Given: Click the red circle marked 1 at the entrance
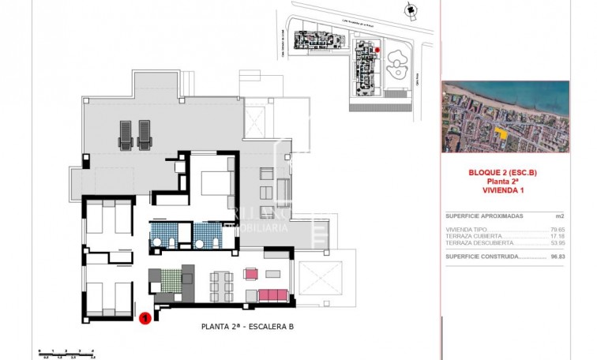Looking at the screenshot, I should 145,319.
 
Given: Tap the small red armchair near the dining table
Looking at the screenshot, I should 251,274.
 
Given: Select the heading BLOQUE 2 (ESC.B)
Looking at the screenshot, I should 503,173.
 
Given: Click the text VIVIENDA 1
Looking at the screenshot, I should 503,190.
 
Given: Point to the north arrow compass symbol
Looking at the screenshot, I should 407,9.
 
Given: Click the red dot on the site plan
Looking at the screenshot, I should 377,51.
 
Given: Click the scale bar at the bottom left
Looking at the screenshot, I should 66,352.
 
